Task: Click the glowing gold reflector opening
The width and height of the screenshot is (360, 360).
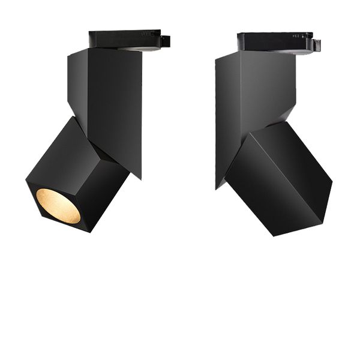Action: click(x=58, y=206)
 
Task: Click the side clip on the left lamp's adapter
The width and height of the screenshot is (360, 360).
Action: click(x=165, y=41)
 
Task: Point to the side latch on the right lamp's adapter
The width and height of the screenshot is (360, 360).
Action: click(x=316, y=45)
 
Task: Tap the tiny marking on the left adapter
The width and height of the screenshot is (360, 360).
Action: click(x=146, y=35)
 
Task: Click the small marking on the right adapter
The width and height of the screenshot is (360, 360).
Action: click(x=295, y=37)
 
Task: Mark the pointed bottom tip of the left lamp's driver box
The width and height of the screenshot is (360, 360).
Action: click(x=140, y=177)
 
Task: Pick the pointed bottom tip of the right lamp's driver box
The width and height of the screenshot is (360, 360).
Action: click(x=217, y=187)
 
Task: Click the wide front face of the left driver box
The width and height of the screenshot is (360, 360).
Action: click(x=114, y=102)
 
